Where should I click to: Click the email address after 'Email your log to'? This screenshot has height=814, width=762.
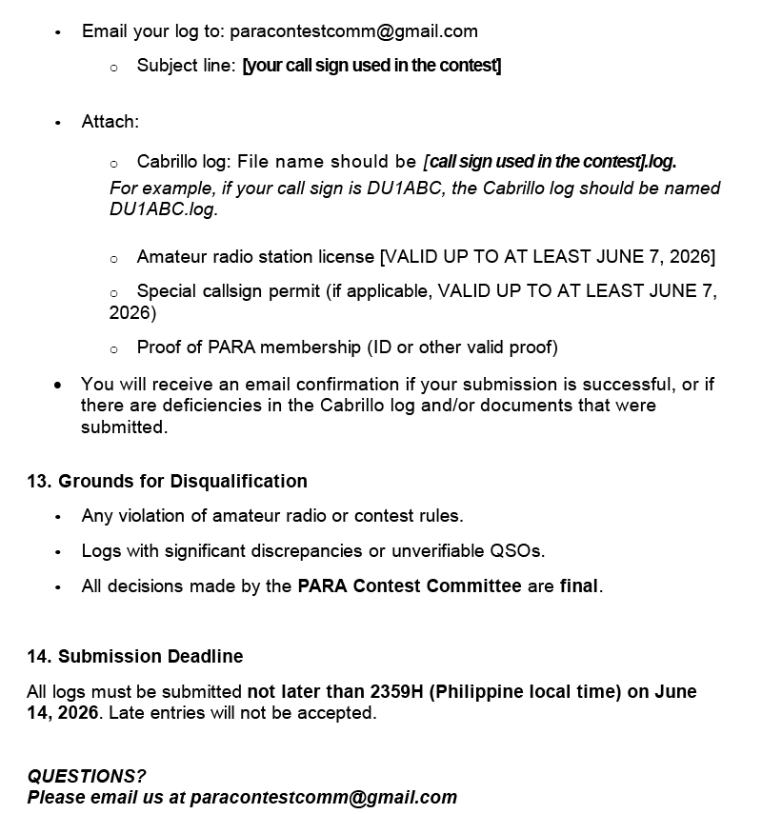click(353, 31)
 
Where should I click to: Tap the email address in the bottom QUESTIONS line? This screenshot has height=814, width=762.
click(324, 798)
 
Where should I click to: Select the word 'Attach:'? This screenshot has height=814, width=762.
click(110, 122)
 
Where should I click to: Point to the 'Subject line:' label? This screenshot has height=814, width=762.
click(186, 66)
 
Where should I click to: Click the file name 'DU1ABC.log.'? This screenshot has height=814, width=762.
click(164, 209)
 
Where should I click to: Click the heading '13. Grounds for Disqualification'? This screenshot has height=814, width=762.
click(167, 481)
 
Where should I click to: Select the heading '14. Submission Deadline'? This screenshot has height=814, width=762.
click(134, 656)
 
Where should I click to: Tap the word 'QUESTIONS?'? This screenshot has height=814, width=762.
click(87, 777)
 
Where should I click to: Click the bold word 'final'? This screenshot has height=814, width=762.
click(579, 586)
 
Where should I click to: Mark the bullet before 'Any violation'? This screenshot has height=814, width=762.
click(57, 517)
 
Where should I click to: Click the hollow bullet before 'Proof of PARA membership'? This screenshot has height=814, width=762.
click(113, 349)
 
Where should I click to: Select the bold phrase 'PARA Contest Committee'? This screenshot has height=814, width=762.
click(410, 586)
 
